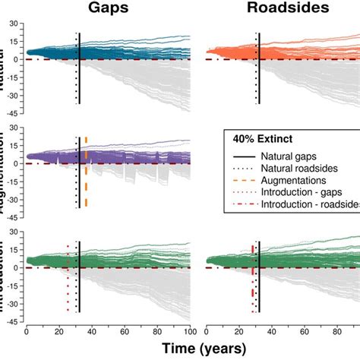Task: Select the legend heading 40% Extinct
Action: [x=263, y=138]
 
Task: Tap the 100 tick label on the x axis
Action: [x=189, y=331]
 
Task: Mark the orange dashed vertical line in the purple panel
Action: [x=86, y=175]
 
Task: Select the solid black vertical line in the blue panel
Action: [x=80, y=76]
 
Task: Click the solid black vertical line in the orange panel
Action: [x=260, y=76]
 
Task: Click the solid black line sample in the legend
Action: [x=244, y=154]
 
